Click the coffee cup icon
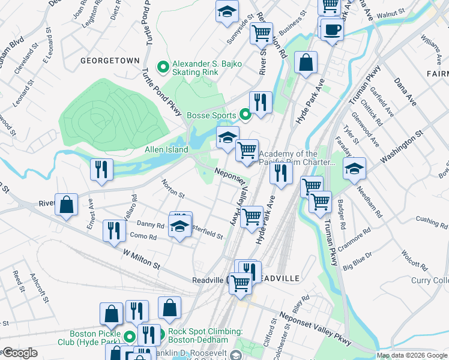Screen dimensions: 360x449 [x=331, y=29]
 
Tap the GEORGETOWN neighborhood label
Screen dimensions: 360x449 [x=111, y=61]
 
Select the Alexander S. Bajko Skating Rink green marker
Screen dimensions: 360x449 [x=161, y=67]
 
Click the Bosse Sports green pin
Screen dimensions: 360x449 [x=244, y=113]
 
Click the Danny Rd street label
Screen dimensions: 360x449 [x=150, y=226]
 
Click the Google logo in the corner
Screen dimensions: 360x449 [x=19, y=353]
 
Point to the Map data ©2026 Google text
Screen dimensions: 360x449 [x=412, y=355]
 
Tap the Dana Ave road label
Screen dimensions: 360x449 [x=405, y=91]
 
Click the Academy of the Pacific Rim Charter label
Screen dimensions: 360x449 [x=297, y=158]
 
